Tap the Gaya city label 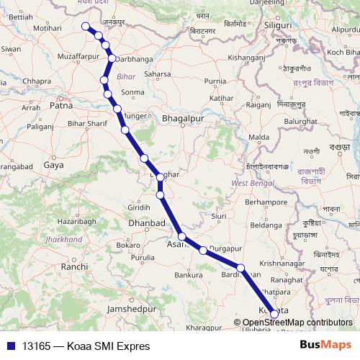(53, 165)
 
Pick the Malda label (259, 137)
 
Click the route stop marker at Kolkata (274, 313)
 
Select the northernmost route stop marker (86, 27)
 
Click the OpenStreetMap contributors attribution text (297, 323)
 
